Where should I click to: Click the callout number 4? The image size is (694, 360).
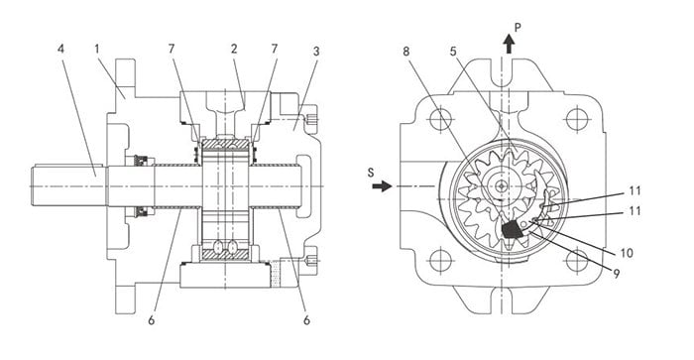[x=60, y=49]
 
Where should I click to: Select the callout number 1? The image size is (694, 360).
[x=97, y=49]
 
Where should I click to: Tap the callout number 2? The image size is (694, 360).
[x=234, y=49]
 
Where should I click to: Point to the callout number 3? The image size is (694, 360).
[x=315, y=51]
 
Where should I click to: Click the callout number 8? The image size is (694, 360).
[x=406, y=51]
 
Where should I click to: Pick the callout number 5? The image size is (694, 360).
[x=453, y=51]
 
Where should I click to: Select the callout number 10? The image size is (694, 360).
[x=627, y=253]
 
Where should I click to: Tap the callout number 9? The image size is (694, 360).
[x=616, y=274]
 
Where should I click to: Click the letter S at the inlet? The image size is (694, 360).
[x=371, y=173]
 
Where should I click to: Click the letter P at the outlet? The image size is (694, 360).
[x=518, y=28]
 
